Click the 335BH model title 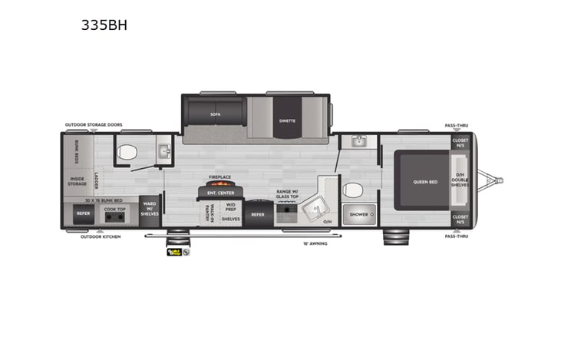coord(104,25)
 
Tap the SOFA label coord(216,113)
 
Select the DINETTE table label coord(287,121)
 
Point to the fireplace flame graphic coord(220,184)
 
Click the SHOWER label coord(358,214)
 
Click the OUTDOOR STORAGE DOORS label coord(94,124)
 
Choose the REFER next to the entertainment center coord(258,214)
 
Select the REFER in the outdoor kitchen coord(82,214)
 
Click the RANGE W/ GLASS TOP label coord(288,193)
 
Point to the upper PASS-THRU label coord(457,124)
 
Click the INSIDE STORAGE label coord(77,181)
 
